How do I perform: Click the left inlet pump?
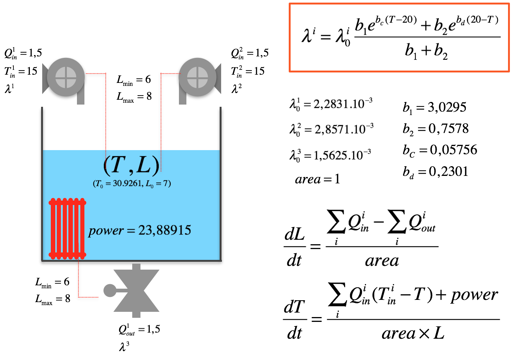pos(66,78)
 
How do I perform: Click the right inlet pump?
pos(197,78)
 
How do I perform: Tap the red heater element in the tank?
pos(67,229)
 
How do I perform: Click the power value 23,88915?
pos(165,230)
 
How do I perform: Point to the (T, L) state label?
pos(131,165)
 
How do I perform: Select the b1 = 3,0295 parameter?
pos(434,108)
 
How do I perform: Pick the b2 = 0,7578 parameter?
pos(435,129)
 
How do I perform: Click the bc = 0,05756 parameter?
pos(440,150)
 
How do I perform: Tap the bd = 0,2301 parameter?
pos(435,172)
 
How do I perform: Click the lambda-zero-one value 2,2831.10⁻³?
pos(331,104)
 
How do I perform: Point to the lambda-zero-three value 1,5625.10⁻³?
pos(331,155)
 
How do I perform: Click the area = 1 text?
pos(317,179)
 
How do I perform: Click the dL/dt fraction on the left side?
pos(294,247)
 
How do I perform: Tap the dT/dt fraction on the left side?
pos(294,320)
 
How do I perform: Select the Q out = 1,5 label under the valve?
pos(139,330)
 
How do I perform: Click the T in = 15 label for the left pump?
pos(21,71)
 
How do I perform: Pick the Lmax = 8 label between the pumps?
pos(134,96)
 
